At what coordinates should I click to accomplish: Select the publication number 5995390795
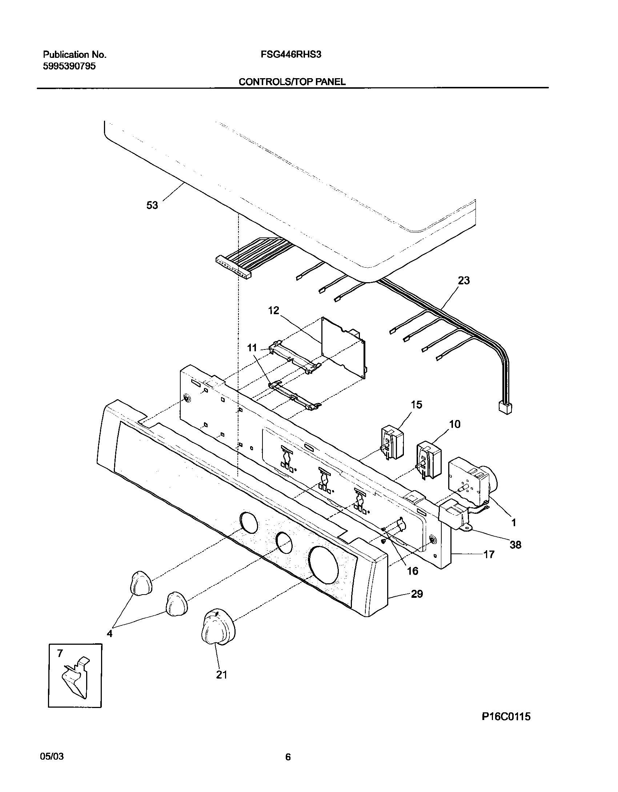click(69, 66)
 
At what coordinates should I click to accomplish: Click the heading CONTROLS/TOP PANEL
click(292, 82)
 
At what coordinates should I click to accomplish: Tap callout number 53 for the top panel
click(152, 205)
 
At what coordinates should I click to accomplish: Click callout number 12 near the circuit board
click(273, 310)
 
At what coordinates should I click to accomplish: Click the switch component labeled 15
click(392, 443)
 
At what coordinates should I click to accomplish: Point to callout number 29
click(417, 594)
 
